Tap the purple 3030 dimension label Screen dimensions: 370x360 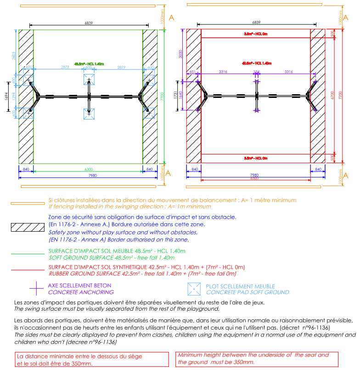[x=181, y=54]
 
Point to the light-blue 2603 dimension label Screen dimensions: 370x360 [x=14, y=56]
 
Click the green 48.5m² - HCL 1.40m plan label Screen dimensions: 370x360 [x=89, y=63]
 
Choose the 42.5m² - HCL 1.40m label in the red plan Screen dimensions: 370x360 [x=256, y=63]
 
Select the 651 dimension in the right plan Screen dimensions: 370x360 [x=192, y=72]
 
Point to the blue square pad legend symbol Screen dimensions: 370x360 [x=195, y=288]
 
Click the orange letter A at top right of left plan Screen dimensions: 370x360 [x=171, y=18]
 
